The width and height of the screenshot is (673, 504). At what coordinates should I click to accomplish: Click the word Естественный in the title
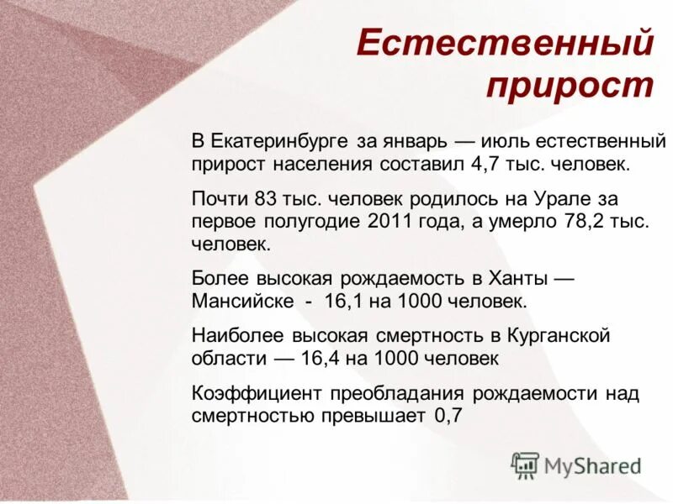point(505,43)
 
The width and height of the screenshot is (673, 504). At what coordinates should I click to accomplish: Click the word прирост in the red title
point(570,87)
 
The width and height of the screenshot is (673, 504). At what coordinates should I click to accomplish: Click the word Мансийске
point(243,300)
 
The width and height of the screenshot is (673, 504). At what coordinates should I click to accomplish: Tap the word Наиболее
point(238,336)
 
